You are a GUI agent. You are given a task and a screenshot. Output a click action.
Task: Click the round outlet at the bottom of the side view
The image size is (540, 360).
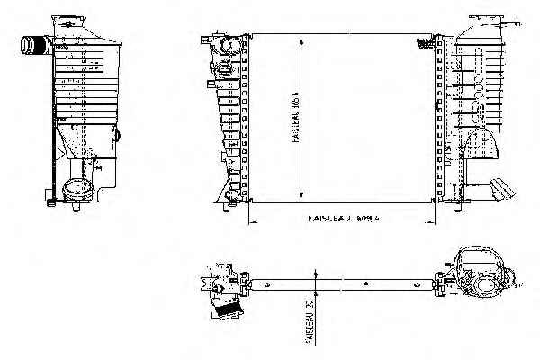78,191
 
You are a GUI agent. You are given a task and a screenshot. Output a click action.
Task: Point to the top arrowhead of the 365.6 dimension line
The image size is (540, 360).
300,40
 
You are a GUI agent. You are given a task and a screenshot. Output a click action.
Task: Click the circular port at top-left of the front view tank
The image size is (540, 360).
225,44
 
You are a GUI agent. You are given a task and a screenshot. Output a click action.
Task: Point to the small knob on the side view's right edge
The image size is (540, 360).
117,135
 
